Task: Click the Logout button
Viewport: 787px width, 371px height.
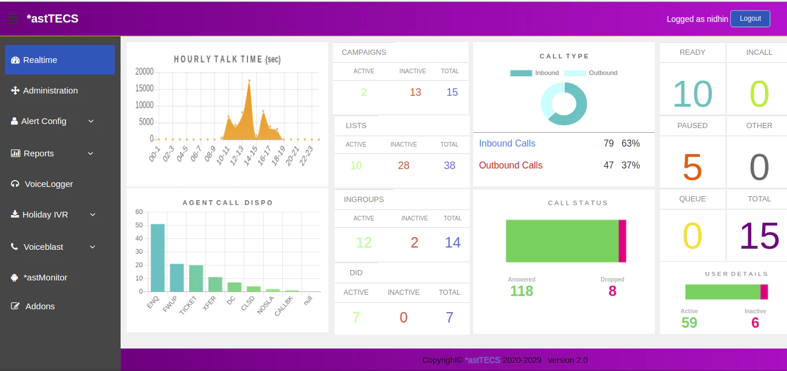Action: coord(750,18)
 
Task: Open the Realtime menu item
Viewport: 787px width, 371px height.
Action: coord(60,60)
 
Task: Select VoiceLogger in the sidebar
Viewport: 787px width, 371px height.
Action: coord(48,184)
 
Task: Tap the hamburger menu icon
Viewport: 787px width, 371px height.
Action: coord(13,19)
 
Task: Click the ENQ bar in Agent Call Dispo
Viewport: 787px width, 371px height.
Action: coord(158,258)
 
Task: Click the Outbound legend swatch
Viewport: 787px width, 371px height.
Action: coord(575,73)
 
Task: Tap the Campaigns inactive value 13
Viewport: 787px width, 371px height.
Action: coord(415,92)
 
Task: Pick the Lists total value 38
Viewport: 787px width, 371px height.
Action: coord(449,166)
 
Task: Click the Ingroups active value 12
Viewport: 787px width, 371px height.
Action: coord(363,242)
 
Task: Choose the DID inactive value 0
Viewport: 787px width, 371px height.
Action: coord(403,317)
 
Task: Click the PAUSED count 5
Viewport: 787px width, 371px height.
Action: coord(692,167)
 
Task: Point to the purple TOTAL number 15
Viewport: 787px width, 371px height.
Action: coord(759,237)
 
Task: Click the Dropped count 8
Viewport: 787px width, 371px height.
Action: coord(612,291)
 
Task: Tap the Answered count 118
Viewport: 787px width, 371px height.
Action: coord(522,291)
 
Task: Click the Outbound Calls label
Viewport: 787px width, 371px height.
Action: coord(511,166)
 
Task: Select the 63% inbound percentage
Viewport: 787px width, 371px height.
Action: coord(631,144)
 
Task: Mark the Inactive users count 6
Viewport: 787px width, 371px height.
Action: coord(755,323)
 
